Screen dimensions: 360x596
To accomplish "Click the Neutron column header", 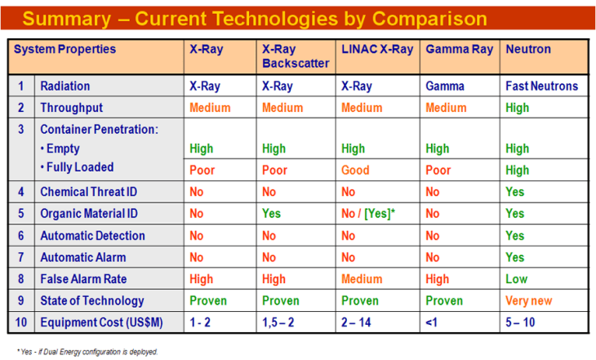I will click(528, 49).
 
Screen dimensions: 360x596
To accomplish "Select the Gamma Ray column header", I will click(459, 49).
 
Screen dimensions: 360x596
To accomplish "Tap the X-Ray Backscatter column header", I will click(296, 56).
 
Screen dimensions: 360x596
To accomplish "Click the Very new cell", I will click(528, 300).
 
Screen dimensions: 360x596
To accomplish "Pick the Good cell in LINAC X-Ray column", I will click(355, 171).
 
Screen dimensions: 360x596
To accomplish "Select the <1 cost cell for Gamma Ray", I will click(432, 322).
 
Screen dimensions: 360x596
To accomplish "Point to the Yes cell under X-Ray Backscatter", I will click(272, 214).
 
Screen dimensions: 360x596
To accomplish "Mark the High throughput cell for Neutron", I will click(517, 108).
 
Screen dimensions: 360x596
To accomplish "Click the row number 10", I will click(20, 322).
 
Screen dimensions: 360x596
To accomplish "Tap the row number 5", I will click(20, 214).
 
